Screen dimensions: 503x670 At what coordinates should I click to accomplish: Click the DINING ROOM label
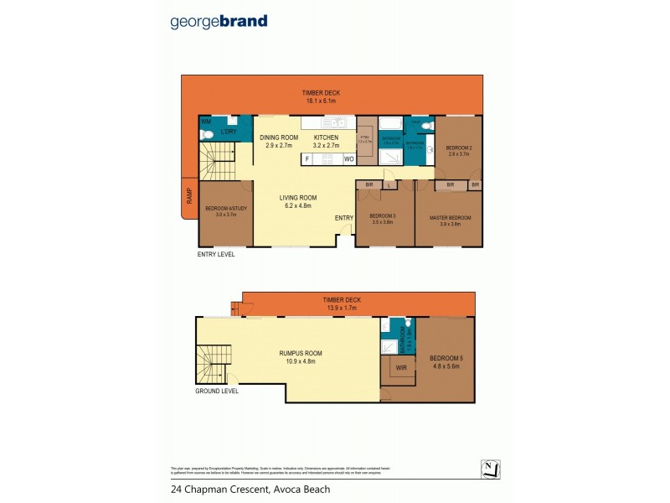pos(278,137)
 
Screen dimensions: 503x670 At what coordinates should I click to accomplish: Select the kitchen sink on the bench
pos(328,123)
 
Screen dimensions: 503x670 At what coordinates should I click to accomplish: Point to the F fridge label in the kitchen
pos(307,158)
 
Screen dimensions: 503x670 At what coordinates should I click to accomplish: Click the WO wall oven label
pos(348,158)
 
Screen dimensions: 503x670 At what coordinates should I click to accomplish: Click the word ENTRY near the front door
pos(344,218)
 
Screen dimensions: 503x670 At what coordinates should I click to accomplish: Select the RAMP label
pos(189,195)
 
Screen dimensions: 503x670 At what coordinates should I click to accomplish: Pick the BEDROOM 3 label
pos(382,216)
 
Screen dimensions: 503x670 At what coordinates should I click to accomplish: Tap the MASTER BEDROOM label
pos(450,217)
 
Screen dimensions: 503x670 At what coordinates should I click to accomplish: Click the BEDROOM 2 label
pos(459,148)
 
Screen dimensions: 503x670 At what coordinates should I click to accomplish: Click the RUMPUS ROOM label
pos(300,353)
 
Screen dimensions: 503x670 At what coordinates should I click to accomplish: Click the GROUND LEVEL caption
pos(217,391)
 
